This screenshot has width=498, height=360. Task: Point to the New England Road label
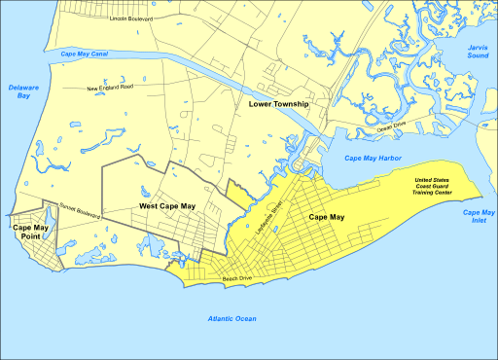109,88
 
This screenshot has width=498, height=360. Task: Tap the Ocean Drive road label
392,126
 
